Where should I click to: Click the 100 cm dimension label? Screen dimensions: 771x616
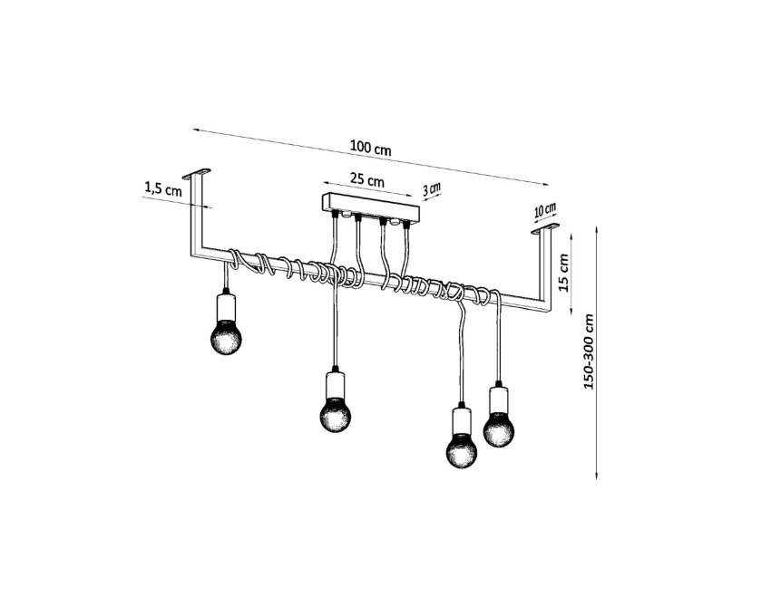click(x=371, y=148)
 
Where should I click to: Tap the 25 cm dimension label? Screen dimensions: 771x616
click(x=366, y=179)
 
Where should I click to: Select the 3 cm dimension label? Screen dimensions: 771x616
click(x=432, y=188)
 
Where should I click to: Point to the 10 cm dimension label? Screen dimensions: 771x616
click(x=545, y=211)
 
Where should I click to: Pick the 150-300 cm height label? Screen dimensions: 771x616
click(x=589, y=351)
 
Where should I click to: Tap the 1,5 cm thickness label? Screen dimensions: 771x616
click(x=162, y=188)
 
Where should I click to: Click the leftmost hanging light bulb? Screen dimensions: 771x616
click(x=226, y=337)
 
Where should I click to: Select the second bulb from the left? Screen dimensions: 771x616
click(x=336, y=415)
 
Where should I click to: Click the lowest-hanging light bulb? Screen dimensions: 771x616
click(x=461, y=450)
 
